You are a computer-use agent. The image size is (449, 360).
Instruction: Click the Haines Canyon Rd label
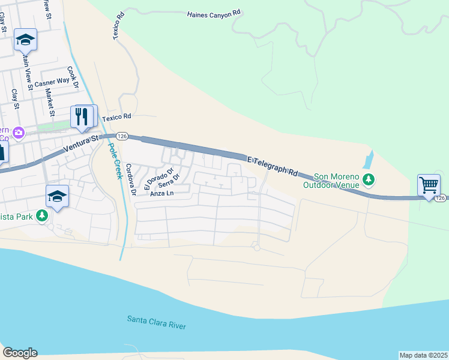pos(213,13)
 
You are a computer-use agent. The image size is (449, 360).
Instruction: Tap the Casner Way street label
pos(52,82)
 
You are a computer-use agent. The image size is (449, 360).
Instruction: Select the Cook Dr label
pos(73,77)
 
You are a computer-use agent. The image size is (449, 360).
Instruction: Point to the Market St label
pos(51,103)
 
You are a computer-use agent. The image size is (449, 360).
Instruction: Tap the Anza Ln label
pos(161,194)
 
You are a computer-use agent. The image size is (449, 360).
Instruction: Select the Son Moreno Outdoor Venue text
pos(331,181)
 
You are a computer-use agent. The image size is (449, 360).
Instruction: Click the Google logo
pos(20,353)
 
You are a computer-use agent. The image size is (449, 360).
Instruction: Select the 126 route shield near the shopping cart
pos(441,198)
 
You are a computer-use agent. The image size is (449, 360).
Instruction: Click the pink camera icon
pos(19,131)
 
